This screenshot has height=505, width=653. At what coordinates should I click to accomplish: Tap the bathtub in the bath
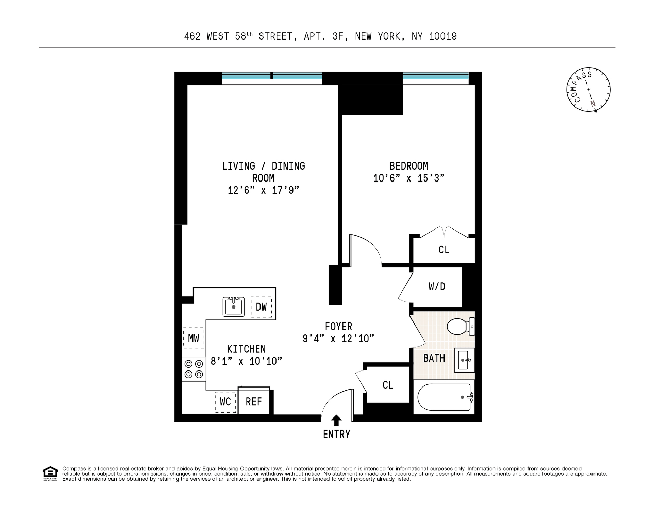[x=445, y=397]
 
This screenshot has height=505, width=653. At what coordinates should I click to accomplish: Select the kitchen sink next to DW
[x=234, y=306]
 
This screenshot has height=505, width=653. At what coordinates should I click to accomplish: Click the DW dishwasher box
[x=261, y=307]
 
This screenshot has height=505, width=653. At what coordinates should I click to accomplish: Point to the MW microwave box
[x=194, y=338]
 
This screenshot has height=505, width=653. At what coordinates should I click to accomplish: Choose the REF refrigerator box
[x=254, y=401]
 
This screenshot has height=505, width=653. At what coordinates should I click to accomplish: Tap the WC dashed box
[x=225, y=402]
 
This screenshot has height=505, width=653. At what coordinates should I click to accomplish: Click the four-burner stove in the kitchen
[x=194, y=369]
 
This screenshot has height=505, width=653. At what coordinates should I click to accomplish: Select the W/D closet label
[x=437, y=287]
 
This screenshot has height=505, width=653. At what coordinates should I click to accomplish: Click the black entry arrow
[x=336, y=420]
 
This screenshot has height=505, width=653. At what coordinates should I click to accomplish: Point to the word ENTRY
[x=336, y=435]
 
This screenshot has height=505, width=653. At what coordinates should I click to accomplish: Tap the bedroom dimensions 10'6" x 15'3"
[x=409, y=178]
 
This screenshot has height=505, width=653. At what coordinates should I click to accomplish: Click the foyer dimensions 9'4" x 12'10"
[x=338, y=338]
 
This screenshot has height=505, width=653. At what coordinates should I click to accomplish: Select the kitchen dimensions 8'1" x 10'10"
[x=247, y=361]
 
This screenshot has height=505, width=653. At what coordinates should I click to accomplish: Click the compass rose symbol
[x=588, y=90]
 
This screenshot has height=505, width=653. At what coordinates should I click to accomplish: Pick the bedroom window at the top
[x=436, y=76]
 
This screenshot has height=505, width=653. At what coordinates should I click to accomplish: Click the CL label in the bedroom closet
[x=444, y=250]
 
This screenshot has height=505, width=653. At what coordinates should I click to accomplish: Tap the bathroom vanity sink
[x=464, y=360]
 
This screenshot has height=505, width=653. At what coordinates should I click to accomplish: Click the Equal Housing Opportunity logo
[x=50, y=473]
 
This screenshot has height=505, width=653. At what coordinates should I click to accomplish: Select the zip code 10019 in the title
[x=443, y=36]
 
